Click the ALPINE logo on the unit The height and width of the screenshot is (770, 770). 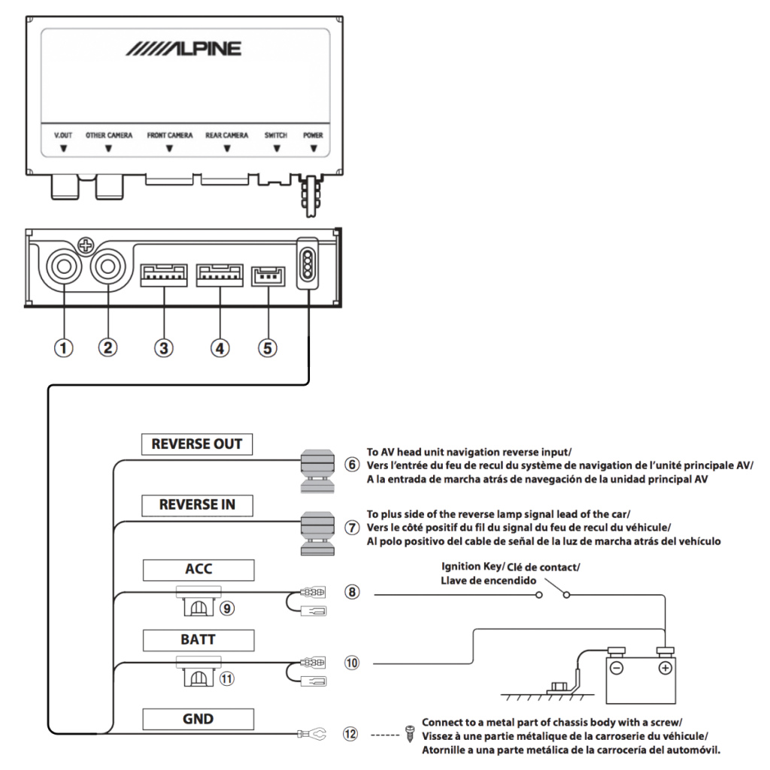(x=184, y=49)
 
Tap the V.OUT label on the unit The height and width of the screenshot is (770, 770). (x=64, y=135)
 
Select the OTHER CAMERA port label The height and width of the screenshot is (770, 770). (x=109, y=135)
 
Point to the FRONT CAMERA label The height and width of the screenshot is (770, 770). (x=170, y=135)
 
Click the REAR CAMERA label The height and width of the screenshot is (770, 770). (x=227, y=135)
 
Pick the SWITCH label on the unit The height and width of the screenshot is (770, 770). (x=276, y=135)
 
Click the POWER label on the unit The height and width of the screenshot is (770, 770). (x=313, y=135)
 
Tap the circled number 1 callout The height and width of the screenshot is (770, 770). (x=65, y=347)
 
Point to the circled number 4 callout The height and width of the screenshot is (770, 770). (x=220, y=347)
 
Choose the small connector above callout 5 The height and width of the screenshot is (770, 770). (x=267, y=274)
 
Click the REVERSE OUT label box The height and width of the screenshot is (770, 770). (x=197, y=444)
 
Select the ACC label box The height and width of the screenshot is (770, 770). (x=199, y=569)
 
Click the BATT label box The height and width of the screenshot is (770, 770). (x=199, y=640)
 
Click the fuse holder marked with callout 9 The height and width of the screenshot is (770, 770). (x=199, y=605)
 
